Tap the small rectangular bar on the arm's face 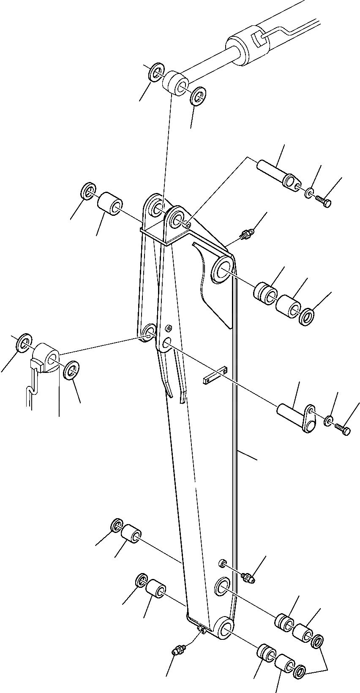pyautogui.click(x=215, y=375)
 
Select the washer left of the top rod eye pyautogui.click(x=156, y=72)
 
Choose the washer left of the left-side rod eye pyautogui.click(x=24, y=342)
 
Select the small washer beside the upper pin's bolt pyautogui.click(x=309, y=193)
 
